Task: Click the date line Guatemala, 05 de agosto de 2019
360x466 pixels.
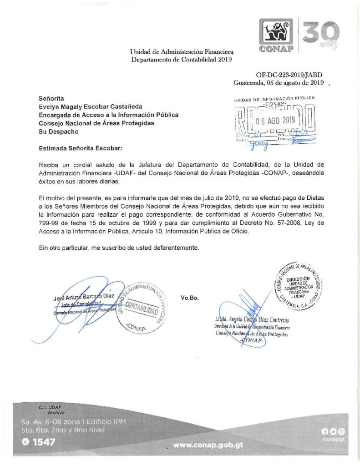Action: [278, 83]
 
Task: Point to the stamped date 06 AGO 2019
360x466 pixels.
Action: [275, 121]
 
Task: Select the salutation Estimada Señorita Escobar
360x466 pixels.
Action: [81, 148]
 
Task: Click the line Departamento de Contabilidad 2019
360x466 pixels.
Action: [182, 60]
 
